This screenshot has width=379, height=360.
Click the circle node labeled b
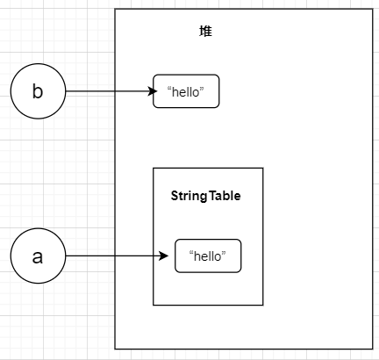click(x=37, y=92)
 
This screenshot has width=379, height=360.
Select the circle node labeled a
click(x=37, y=256)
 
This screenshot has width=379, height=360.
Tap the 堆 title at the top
click(x=205, y=32)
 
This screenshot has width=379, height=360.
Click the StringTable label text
click(x=205, y=196)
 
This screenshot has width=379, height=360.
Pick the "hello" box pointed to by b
click(x=186, y=91)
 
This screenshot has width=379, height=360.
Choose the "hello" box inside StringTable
click(x=208, y=256)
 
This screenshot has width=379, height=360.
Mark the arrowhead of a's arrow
click(x=163, y=256)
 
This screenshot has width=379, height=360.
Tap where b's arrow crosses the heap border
click(x=116, y=91)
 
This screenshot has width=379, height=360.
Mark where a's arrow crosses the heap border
click(x=116, y=256)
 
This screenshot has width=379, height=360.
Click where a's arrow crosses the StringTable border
click(x=154, y=256)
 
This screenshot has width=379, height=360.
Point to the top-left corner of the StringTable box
click(x=154, y=168)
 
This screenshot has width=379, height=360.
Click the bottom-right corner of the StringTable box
click(x=263, y=305)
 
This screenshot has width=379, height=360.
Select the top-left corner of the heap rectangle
click(x=116, y=10)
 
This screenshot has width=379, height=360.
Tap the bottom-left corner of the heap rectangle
click(x=116, y=349)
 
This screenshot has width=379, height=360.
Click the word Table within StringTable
click(x=224, y=196)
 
